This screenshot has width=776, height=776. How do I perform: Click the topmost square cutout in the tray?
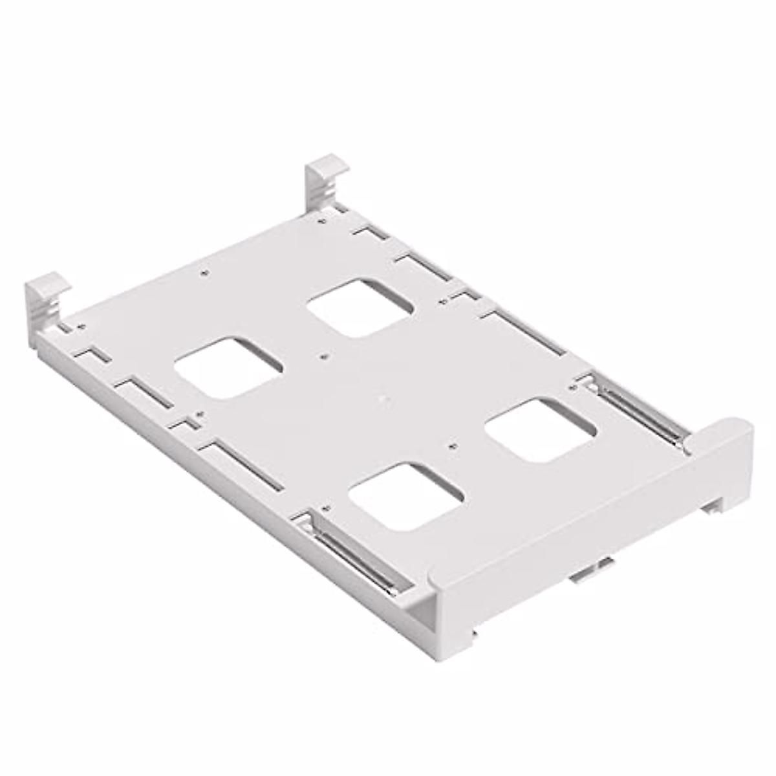click(x=360, y=307)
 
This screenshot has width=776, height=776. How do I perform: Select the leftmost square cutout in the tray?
click(x=228, y=366)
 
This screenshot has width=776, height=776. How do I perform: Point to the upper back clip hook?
click(x=327, y=177)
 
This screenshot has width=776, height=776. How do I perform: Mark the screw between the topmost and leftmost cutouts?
click(x=323, y=355)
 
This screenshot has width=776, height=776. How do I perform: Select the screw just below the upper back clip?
click(x=322, y=221)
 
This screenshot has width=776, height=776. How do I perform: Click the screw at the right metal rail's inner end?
click(x=572, y=386)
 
